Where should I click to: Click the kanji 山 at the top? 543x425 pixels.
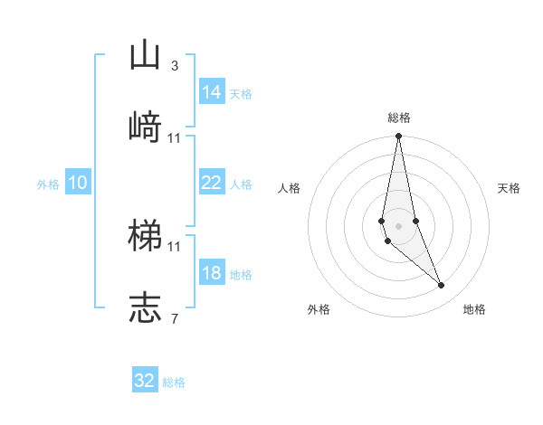[x=145, y=56]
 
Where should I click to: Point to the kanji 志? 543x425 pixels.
[x=145, y=307]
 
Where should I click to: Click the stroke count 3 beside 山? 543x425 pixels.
[x=174, y=66]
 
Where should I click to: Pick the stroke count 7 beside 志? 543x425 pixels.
[x=174, y=317]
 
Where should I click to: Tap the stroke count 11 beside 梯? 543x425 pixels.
[x=175, y=246]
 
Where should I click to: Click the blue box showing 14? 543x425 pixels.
[x=212, y=91]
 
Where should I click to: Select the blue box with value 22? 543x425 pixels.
[x=212, y=183]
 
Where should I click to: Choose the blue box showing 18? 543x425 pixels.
[x=212, y=273]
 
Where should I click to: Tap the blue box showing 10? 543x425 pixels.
[x=78, y=183]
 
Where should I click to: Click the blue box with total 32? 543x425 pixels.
[x=145, y=381]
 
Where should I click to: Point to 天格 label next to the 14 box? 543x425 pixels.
[x=241, y=93]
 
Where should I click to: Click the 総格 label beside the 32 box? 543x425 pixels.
[x=174, y=382]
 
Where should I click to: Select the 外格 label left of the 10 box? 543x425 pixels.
[x=48, y=184]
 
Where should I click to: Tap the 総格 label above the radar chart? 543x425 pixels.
[x=398, y=118]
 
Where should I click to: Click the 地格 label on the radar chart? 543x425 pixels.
[x=474, y=309]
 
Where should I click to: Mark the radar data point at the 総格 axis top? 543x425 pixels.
[x=398, y=137]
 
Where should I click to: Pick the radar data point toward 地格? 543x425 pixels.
[x=442, y=286]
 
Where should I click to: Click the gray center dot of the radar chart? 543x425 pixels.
[x=398, y=224]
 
